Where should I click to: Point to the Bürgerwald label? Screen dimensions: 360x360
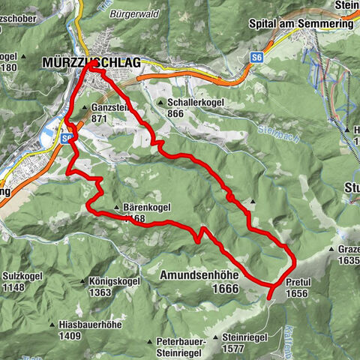[132, 13]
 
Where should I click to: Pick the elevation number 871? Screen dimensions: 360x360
[100, 118]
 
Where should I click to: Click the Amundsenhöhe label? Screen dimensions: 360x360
[199, 276]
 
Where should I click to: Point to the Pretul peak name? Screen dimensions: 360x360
[298, 283]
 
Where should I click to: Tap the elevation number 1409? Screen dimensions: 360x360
[73, 337]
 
